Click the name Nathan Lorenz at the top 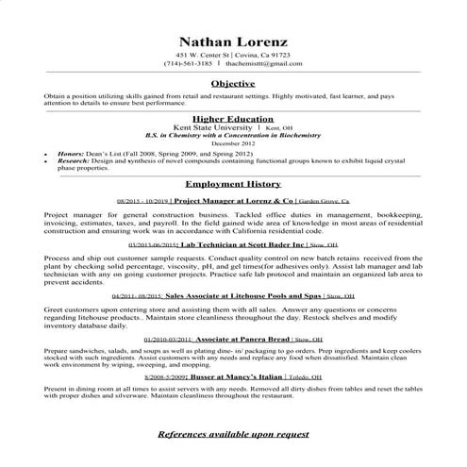click(x=232, y=42)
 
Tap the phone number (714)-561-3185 click(x=188, y=63)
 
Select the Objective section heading click(x=232, y=84)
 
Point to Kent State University click(x=204, y=127)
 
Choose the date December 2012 click(x=232, y=142)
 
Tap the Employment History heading click(x=232, y=184)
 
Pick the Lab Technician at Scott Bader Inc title click(x=245, y=243)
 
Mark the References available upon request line click(x=232, y=433)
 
